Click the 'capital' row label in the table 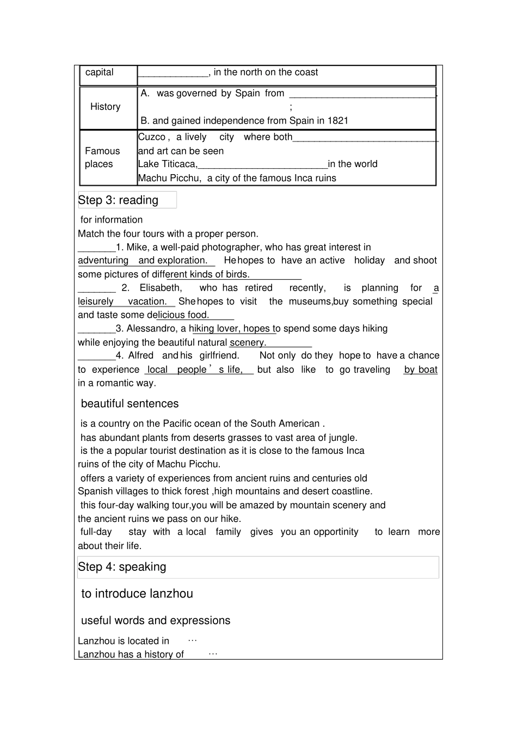tap(100, 72)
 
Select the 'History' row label tap(105, 107)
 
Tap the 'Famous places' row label tap(102, 157)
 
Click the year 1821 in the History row tap(337, 121)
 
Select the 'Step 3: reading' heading tap(118, 200)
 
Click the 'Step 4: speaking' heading tap(122, 567)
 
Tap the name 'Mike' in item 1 tap(137, 247)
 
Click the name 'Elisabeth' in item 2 tap(161, 288)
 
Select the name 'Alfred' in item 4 tap(141, 356)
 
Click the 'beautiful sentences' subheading tap(130, 404)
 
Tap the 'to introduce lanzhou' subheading tap(137, 594)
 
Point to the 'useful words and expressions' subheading tap(156, 621)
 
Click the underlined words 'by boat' tap(421, 370)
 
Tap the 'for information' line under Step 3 tap(112, 220)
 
